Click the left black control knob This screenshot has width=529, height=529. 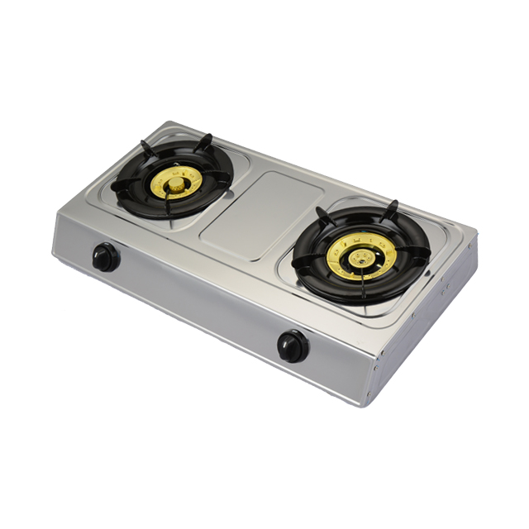coord(105,257)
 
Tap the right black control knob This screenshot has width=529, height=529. coord(293,346)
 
